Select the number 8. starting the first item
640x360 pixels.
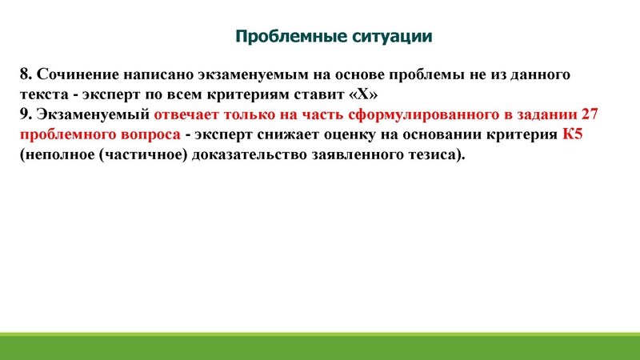click(x=26, y=74)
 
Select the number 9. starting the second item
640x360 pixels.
click(x=26, y=114)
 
